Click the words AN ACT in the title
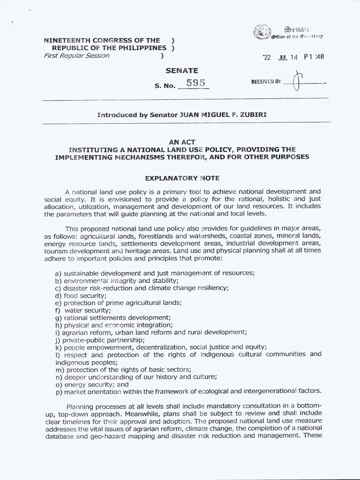click(180, 142)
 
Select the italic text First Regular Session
click(76, 55)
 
